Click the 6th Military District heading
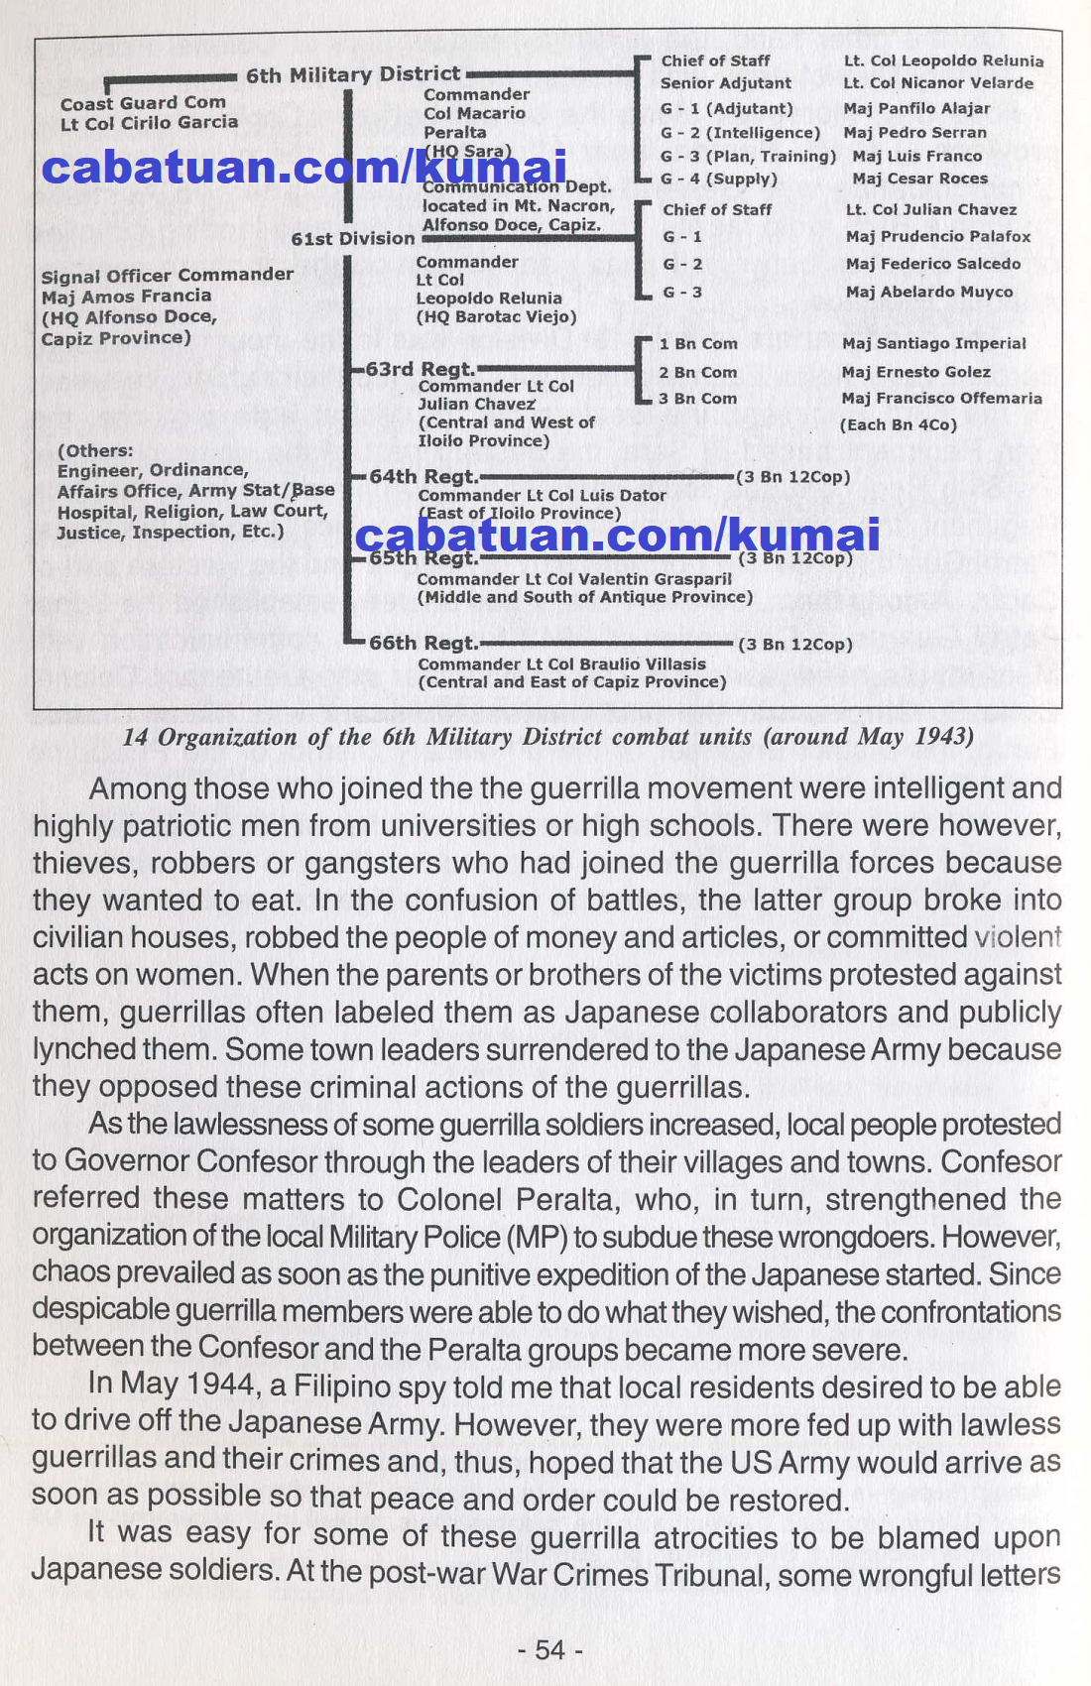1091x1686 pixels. [x=353, y=74]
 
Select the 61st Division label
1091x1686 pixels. [x=352, y=239]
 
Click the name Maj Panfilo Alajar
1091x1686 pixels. [x=916, y=108]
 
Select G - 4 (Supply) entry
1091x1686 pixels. [x=719, y=179]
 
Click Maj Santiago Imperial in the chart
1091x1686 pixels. [x=933, y=343]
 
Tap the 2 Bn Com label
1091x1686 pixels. [x=698, y=372]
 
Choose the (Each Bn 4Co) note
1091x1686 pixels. [x=898, y=424]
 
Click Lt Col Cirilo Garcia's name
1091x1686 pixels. [x=149, y=123]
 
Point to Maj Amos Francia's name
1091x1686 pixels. [x=126, y=296]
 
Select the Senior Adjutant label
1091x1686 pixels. [x=726, y=83]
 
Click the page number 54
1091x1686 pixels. [x=549, y=1649]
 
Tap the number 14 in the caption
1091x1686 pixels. [x=135, y=737]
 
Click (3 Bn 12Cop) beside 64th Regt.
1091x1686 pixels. [x=792, y=477]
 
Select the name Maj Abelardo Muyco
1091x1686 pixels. [x=929, y=292]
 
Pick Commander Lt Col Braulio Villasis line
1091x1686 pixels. [x=561, y=663]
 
